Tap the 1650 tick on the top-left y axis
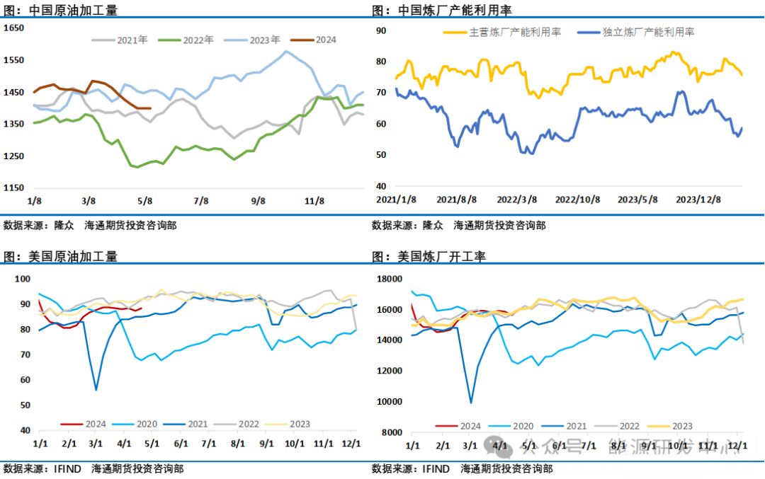(14, 28)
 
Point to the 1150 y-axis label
(14, 187)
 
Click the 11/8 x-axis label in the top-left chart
(314, 201)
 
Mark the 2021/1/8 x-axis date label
(395, 200)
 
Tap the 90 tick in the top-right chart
(380, 30)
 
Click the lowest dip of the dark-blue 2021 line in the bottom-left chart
(96, 390)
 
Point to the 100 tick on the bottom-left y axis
(23, 279)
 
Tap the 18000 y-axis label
(390, 279)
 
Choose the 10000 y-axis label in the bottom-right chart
(390, 401)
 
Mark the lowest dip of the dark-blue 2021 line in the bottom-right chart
(471, 403)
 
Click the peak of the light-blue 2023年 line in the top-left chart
(286, 51)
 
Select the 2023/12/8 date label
(699, 200)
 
